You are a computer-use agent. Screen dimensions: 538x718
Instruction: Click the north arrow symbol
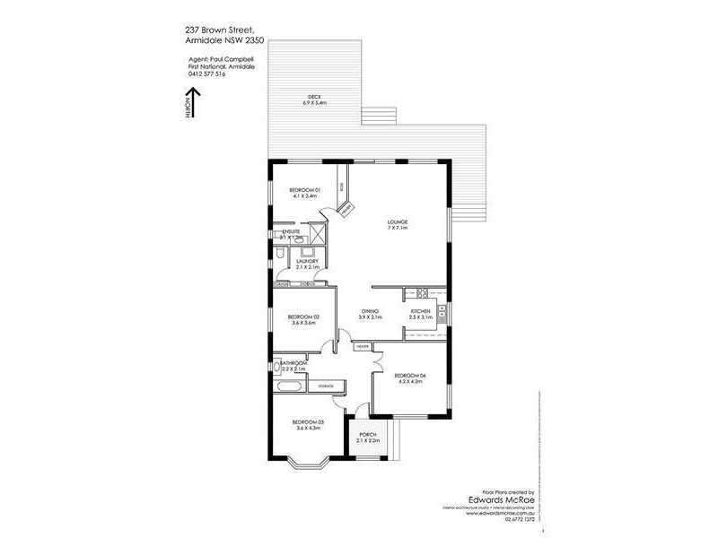click(x=190, y=107)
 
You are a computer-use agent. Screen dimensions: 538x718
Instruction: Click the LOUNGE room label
click(x=398, y=223)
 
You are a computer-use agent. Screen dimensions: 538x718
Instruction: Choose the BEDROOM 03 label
click(x=308, y=424)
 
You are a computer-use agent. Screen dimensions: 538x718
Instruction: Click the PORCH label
click(x=369, y=438)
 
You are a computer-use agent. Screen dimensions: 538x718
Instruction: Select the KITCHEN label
click(x=421, y=313)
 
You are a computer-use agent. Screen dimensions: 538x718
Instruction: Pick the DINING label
click(x=370, y=313)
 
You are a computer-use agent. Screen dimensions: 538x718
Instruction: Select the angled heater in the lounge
click(x=346, y=209)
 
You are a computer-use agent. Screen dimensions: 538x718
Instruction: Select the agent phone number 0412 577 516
click(x=208, y=74)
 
